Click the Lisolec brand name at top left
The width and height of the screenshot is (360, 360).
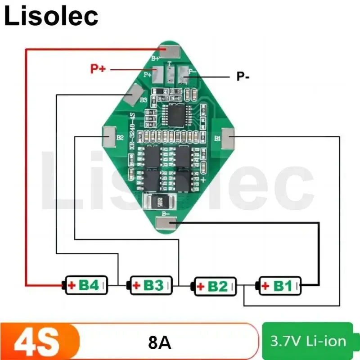[51, 16]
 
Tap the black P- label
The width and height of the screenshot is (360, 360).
[243, 76]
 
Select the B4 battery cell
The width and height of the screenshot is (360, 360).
[86, 285]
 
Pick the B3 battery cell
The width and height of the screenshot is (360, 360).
[151, 285]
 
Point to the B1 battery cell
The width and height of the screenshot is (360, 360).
[279, 285]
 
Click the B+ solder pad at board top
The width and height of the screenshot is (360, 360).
[171, 52]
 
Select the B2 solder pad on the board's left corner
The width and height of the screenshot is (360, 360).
[111, 136]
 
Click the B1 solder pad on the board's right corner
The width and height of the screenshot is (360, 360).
[228, 139]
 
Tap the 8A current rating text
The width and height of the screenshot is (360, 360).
[159, 343]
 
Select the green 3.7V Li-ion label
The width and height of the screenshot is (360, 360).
[308, 341]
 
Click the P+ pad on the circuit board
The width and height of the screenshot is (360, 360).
[157, 72]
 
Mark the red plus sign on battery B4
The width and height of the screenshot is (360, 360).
[71, 285]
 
